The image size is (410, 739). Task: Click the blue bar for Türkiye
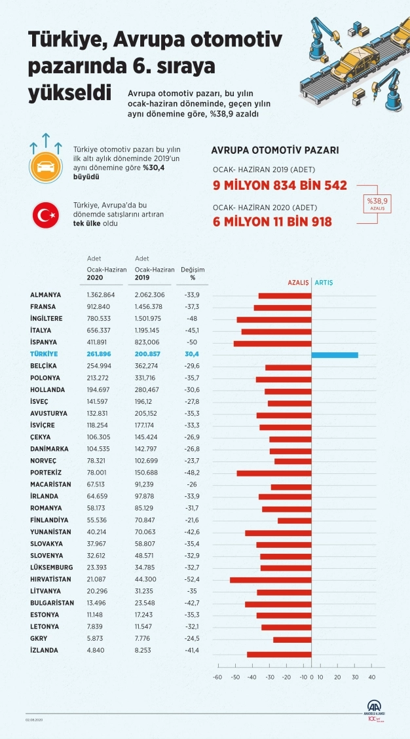coord(335,355)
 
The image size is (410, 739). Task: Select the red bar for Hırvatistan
coord(270,580)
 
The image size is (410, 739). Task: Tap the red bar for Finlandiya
coord(295,520)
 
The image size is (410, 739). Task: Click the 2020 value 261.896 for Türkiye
coord(101,354)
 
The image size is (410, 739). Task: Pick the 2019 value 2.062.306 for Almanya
coord(150,295)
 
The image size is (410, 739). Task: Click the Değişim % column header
coord(193,273)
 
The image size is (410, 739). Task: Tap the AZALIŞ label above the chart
coord(299,283)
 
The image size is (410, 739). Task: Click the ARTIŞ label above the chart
coord(324,283)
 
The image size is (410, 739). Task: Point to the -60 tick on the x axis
coord(217,677)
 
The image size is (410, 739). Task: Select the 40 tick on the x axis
coord(372,677)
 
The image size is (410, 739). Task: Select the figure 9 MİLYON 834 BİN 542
coord(280,185)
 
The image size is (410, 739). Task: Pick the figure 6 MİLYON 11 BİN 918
coord(272,222)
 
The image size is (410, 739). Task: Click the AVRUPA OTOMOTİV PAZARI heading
coord(275,150)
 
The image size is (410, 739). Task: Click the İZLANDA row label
coord(44,650)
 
